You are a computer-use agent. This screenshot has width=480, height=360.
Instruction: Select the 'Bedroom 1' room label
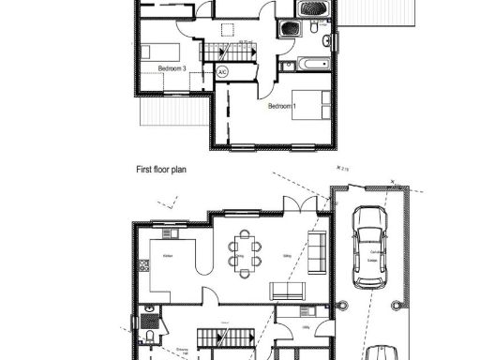point(282,106)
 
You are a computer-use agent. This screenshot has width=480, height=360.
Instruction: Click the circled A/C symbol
point(223,71)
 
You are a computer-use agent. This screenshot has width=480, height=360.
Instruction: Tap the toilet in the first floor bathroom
point(313,30)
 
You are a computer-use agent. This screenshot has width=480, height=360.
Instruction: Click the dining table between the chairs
point(246,254)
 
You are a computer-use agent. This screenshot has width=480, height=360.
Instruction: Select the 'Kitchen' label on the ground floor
point(168,255)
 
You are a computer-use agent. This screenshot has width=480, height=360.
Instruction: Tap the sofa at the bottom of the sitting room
point(286,290)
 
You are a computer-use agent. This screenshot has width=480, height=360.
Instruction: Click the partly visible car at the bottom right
point(382,352)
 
